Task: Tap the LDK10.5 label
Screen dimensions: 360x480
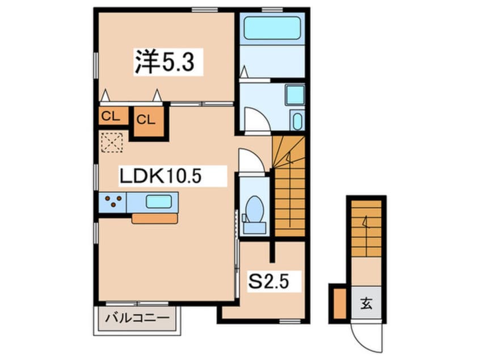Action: tap(160, 177)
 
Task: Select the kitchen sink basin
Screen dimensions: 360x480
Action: tap(159, 202)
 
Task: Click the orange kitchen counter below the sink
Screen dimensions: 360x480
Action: tap(154, 219)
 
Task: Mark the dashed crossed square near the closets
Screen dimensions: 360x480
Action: tap(111, 142)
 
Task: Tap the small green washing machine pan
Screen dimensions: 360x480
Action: tap(297, 120)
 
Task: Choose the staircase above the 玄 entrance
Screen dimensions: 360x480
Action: tap(365, 227)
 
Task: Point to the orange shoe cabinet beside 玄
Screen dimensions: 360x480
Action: tap(339, 303)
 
